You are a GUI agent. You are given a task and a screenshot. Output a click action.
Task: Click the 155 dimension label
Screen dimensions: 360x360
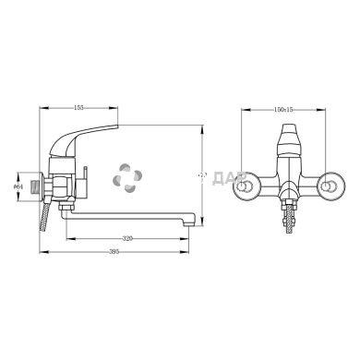click(79, 109)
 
